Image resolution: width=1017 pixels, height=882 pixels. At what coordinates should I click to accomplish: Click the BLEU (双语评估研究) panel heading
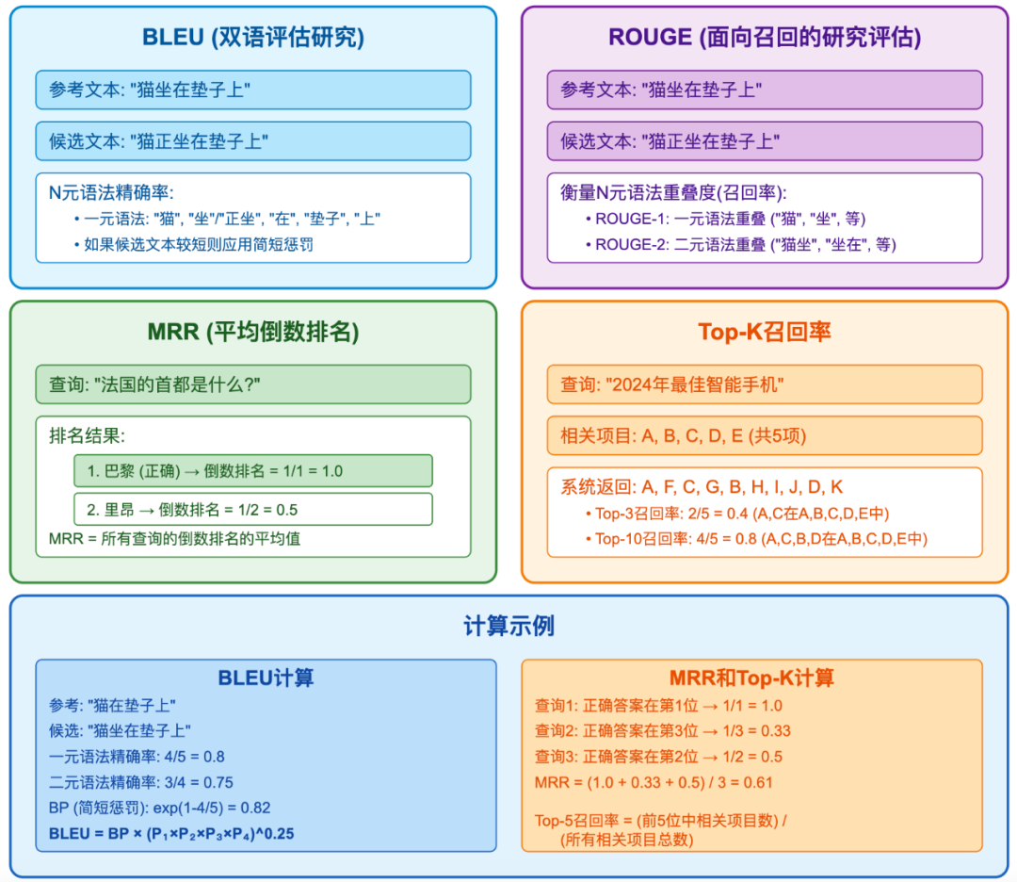(x=252, y=38)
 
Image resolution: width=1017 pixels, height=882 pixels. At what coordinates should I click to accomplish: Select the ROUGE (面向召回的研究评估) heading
(x=764, y=38)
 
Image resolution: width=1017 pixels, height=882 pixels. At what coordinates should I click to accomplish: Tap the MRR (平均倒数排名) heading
(x=252, y=333)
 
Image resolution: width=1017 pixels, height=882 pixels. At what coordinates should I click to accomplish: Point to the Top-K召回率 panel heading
(x=764, y=333)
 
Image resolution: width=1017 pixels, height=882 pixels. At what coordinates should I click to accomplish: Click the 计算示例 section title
(x=508, y=627)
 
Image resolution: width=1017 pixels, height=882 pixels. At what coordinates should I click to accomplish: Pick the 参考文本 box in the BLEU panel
(x=252, y=90)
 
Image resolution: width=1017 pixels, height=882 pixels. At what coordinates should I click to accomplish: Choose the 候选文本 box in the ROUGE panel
(x=764, y=141)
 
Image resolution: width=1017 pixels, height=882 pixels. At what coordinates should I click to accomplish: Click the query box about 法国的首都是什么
(x=252, y=384)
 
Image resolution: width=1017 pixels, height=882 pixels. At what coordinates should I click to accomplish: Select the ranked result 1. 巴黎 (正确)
(x=252, y=470)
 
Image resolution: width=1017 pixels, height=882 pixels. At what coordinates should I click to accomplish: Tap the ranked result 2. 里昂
(x=252, y=509)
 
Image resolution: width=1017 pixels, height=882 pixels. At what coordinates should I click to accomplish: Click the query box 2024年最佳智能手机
(x=764, y=384)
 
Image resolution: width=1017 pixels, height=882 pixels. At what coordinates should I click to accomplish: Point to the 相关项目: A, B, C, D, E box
(x=764, y=435)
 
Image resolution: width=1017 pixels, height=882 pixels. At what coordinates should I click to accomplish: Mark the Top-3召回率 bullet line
(x=742, y=514)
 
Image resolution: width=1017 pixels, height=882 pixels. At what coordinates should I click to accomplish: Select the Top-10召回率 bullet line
(x=761, y=539)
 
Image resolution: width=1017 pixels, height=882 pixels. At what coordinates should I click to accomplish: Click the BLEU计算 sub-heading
(x=266, y=678)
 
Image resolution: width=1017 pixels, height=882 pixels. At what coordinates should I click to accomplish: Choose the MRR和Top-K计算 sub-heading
(x=751, y=678)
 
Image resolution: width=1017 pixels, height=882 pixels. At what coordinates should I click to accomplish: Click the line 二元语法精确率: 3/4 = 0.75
(x=141, y=782)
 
